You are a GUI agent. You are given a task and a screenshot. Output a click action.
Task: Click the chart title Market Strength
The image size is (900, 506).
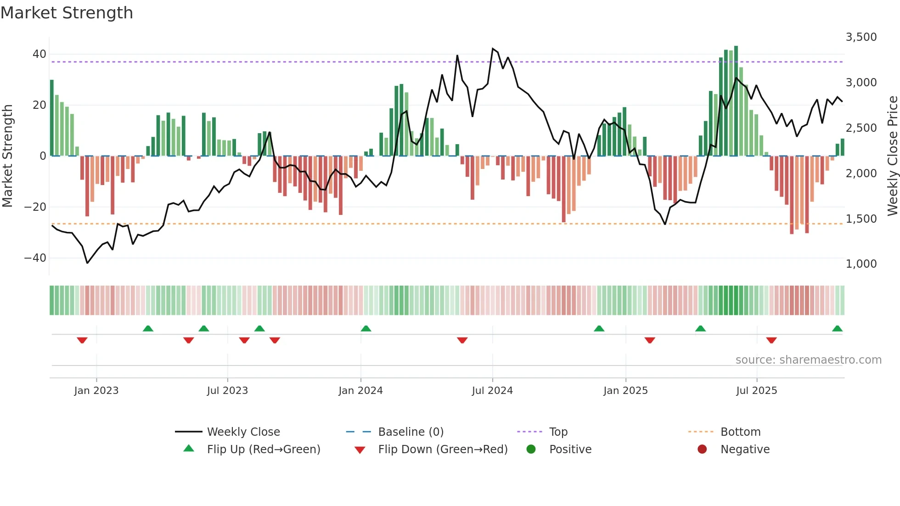(67, 13)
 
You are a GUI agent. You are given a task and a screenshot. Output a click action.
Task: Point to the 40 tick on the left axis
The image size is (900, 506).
(39, 54)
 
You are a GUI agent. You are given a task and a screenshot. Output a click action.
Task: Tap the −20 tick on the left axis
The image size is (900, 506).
(35, 207)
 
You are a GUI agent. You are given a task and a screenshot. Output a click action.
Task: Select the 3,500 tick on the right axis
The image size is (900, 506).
(861, 37)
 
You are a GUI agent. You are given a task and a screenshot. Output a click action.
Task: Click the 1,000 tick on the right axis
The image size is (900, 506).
(861, 264)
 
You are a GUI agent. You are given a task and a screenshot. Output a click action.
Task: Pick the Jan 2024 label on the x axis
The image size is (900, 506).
(360, 391)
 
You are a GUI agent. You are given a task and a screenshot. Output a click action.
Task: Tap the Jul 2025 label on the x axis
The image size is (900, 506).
(756, 391)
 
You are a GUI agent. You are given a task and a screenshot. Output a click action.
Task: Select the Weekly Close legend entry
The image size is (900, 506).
(243, 432)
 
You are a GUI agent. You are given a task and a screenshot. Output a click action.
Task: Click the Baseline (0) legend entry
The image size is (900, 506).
(411, 432)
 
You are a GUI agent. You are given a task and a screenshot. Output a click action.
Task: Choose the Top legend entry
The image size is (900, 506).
(558, 432)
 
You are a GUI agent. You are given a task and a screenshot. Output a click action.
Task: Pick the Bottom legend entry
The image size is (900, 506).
(740, 432)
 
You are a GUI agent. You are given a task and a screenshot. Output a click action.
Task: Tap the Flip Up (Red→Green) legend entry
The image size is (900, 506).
(263, 450)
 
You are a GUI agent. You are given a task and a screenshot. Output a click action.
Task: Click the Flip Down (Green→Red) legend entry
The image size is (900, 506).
(442, 450)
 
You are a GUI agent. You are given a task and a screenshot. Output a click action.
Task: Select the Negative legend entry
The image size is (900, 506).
(744, 450)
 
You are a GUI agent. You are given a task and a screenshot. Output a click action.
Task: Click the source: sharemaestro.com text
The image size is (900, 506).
(808, 360)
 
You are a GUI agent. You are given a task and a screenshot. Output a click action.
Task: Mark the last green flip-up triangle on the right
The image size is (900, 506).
(837, 329)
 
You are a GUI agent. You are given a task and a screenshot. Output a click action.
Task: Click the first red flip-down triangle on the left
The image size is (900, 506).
(82, 340)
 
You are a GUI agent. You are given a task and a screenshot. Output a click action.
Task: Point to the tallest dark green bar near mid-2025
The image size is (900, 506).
(736, 101)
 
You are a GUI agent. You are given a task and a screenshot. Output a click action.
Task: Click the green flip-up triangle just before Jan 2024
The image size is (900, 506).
(366, 329)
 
